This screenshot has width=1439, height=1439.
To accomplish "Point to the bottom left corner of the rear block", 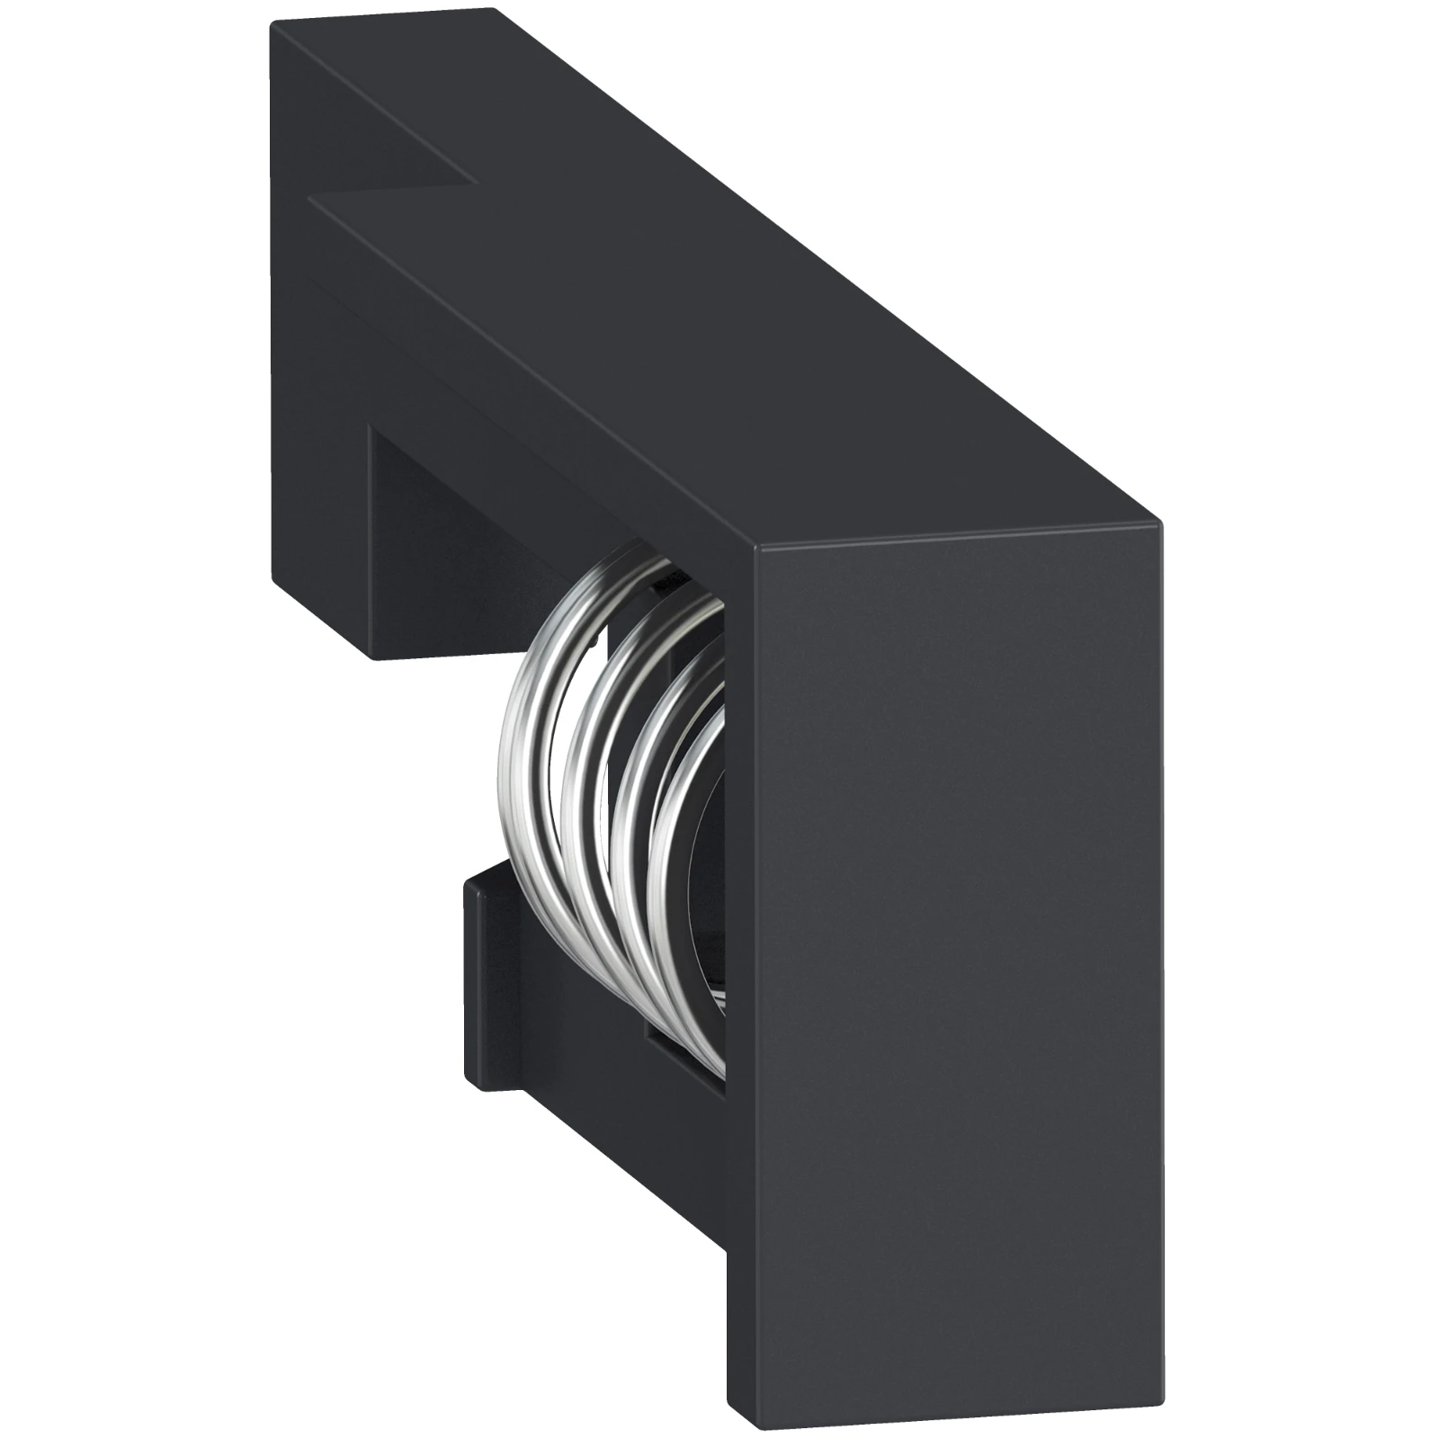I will [x=371, y=657].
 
